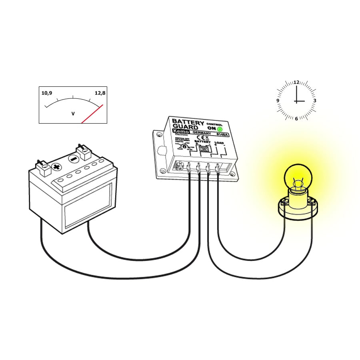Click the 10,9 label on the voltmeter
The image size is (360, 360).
[x=47, y=93]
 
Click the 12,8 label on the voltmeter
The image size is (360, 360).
[x=100, y=93]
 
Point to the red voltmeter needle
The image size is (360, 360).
[x=93, y=114]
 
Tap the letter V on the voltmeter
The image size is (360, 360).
[x=73, y=114]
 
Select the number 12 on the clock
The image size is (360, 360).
[x=296, y=82]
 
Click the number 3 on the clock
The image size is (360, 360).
[x=315, y=101]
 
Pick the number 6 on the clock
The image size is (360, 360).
[x=296, y=118]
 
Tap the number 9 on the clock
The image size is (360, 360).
[x=278, y=101]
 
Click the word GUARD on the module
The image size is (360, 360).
[x=185, y=127]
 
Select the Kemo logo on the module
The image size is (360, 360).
[x=178, y=132]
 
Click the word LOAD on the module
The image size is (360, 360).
[x=219, y=142]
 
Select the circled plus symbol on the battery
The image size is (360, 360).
[x=57, y=167]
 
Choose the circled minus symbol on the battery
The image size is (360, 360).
[x=73, y=158]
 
